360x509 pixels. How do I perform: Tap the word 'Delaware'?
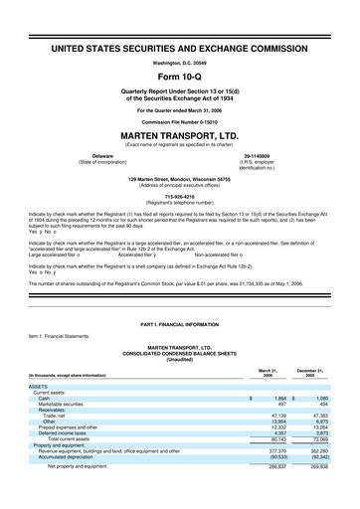[101, 155]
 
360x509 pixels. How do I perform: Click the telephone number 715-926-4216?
[180, 197]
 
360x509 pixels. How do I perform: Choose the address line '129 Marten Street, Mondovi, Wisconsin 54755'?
[180, 179]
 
